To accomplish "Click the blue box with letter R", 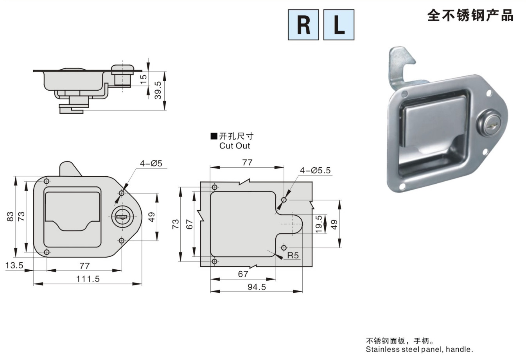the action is coord(303,25).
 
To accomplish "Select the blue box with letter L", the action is coord(339,25).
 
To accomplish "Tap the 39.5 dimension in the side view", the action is coord(158,90).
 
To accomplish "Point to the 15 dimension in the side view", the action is coord(144,79).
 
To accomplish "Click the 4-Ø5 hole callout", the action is coord(151,163).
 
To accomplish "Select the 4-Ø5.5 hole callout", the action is coord(315,170).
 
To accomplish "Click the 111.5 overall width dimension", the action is coord(88,279).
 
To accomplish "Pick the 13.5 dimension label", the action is coord(14,265).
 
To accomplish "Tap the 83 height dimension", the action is coord(10,217).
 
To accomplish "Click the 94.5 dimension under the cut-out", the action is coord(257,287).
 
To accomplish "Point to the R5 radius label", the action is coord(293,255).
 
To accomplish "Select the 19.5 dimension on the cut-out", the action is coord(319,224).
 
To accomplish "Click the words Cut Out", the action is coord(235,146).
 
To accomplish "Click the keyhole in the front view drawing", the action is coord(122,217).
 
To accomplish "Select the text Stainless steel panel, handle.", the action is coord(419,349).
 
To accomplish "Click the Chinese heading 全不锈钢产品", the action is coord(470,16).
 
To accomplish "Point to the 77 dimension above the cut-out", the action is coord(247,163).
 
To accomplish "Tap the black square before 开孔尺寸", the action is coord(214,136).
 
